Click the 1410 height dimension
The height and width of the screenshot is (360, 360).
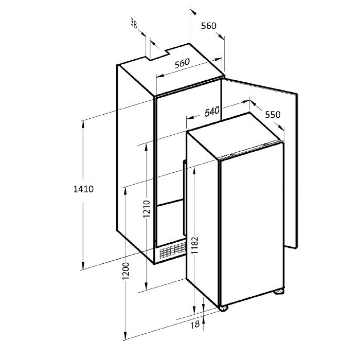83,189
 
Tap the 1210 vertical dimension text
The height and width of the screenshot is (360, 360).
147,209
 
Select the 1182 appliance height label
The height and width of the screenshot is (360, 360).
195,246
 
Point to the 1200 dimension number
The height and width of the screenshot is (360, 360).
125,271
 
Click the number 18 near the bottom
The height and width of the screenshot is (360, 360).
195,325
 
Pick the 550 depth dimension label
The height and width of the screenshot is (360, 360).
273,115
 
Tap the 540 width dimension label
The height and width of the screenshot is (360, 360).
212,112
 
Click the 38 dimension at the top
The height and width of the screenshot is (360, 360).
134,23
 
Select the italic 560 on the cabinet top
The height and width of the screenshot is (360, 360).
182,63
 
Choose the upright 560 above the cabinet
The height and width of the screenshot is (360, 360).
209,26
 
